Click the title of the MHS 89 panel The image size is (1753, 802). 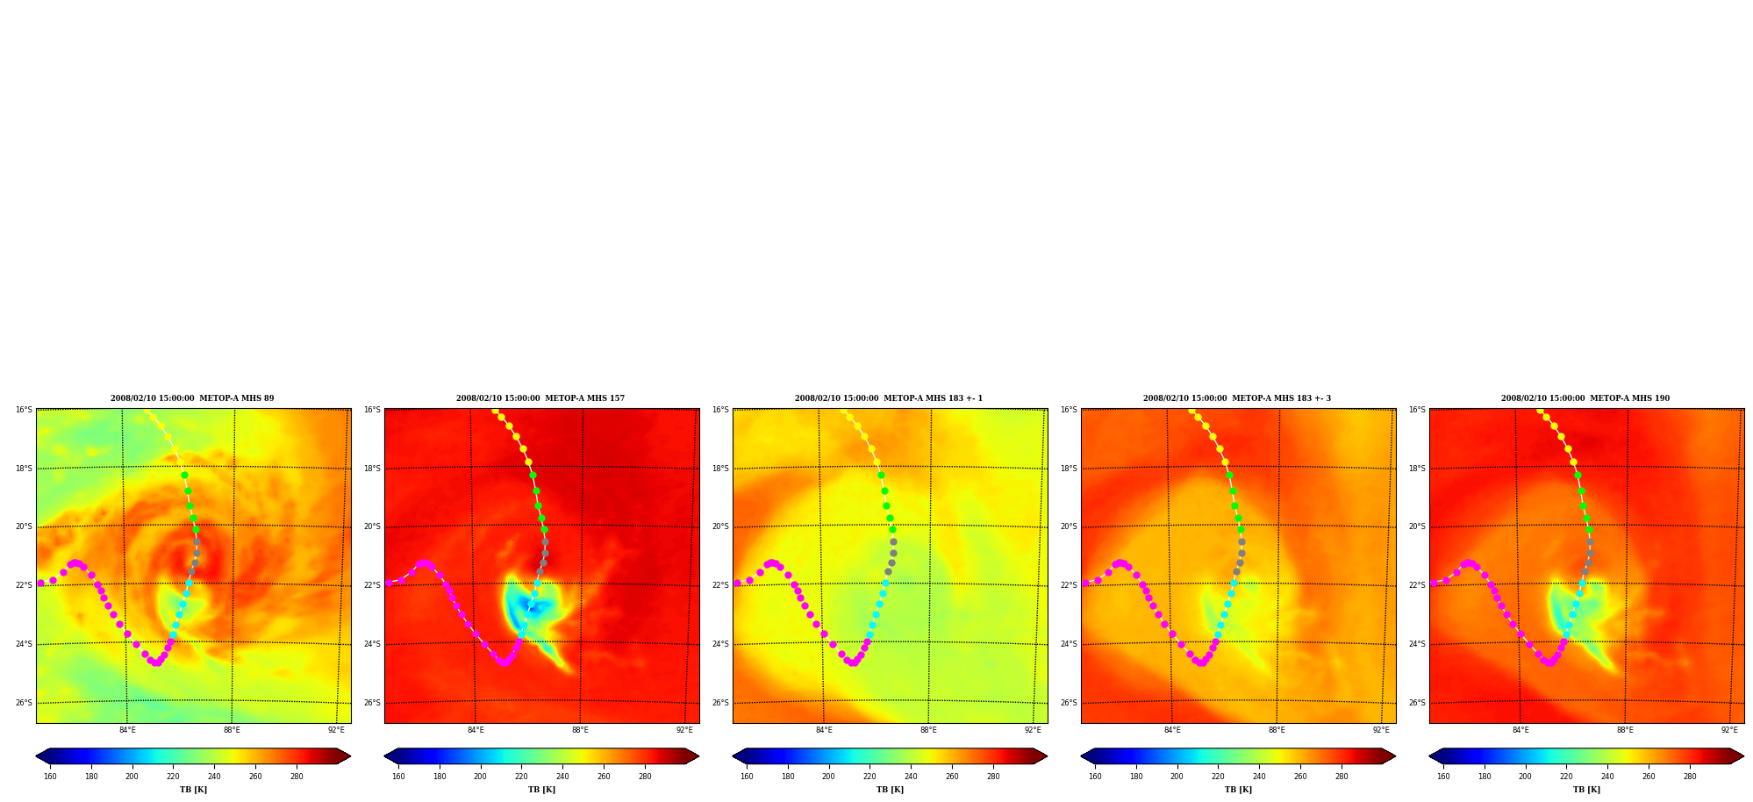point(192,398)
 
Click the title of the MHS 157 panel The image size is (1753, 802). point(540,398)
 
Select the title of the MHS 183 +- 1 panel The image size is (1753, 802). point(889,398)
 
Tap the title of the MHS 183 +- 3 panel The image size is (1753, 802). point(1237,398)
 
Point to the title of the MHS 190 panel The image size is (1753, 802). point(1585,398)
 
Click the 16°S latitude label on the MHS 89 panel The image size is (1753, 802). point(24,410)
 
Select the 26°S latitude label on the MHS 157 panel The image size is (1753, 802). point(372,703)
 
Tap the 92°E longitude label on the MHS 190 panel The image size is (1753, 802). point(1729,730)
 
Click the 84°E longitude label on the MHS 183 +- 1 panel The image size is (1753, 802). point(824,730)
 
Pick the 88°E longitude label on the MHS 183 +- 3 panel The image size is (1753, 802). point(1277,730)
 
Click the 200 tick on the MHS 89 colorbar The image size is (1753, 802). point(132,776)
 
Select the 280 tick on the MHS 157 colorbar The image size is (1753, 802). point(645,776)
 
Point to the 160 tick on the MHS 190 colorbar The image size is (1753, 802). point(1443,776)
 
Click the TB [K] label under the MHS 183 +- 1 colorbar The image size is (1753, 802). point(890,790)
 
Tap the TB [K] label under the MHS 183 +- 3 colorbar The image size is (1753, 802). point(1238,790)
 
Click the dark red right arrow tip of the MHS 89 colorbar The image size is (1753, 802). point(350,756)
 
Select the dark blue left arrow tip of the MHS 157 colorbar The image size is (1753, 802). point(385,756)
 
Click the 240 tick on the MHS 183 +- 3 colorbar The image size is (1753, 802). point(1259,776)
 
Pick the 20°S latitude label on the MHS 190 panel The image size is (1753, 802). point(1417,526)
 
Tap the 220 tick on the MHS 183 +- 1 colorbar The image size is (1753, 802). point(869,776)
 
